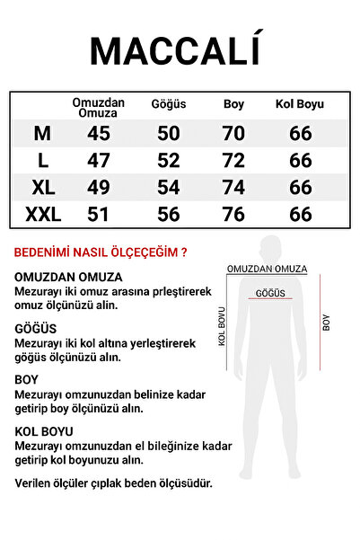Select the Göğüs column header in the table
tap(168, 104)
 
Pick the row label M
tap(41, 134)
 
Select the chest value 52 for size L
tap(168, 161)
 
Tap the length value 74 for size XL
tap(233, 188)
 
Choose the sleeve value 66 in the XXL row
tap(300, 215)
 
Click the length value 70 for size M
tap(233, 134)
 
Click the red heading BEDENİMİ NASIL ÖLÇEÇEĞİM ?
tap(101, 252)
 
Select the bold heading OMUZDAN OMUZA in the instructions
tap(68, 277)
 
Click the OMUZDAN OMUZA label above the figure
tap(267, 269)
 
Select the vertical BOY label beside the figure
tap(327, 323)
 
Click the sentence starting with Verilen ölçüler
tap(114, 482)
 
